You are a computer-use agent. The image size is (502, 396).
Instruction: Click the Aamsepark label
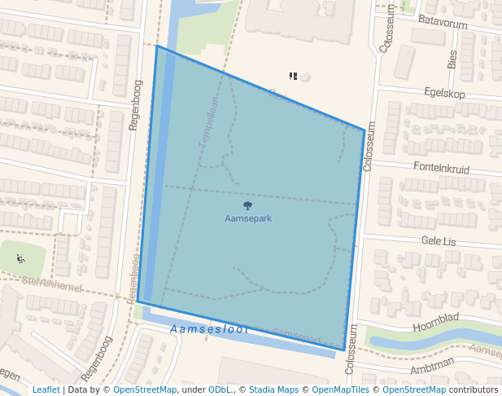(x=248, y=218)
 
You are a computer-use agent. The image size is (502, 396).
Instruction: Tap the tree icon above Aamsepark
(x=248, y=206)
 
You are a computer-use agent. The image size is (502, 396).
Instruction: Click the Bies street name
(x=453, y=58)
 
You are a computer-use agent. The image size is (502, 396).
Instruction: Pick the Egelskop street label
(x=443, y=94)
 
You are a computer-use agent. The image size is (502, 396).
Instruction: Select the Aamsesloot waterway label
(x=208, y=329)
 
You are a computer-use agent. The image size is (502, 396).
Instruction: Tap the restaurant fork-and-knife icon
(x=293, y=76)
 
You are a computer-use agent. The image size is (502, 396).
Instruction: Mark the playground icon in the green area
(x=20, y=259)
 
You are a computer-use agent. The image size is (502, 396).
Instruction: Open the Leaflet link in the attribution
(x=46, y=389)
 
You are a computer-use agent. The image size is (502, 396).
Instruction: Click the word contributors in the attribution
(x=474, y=389)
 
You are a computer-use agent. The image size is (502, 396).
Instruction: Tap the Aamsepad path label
(x=296, y=334)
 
